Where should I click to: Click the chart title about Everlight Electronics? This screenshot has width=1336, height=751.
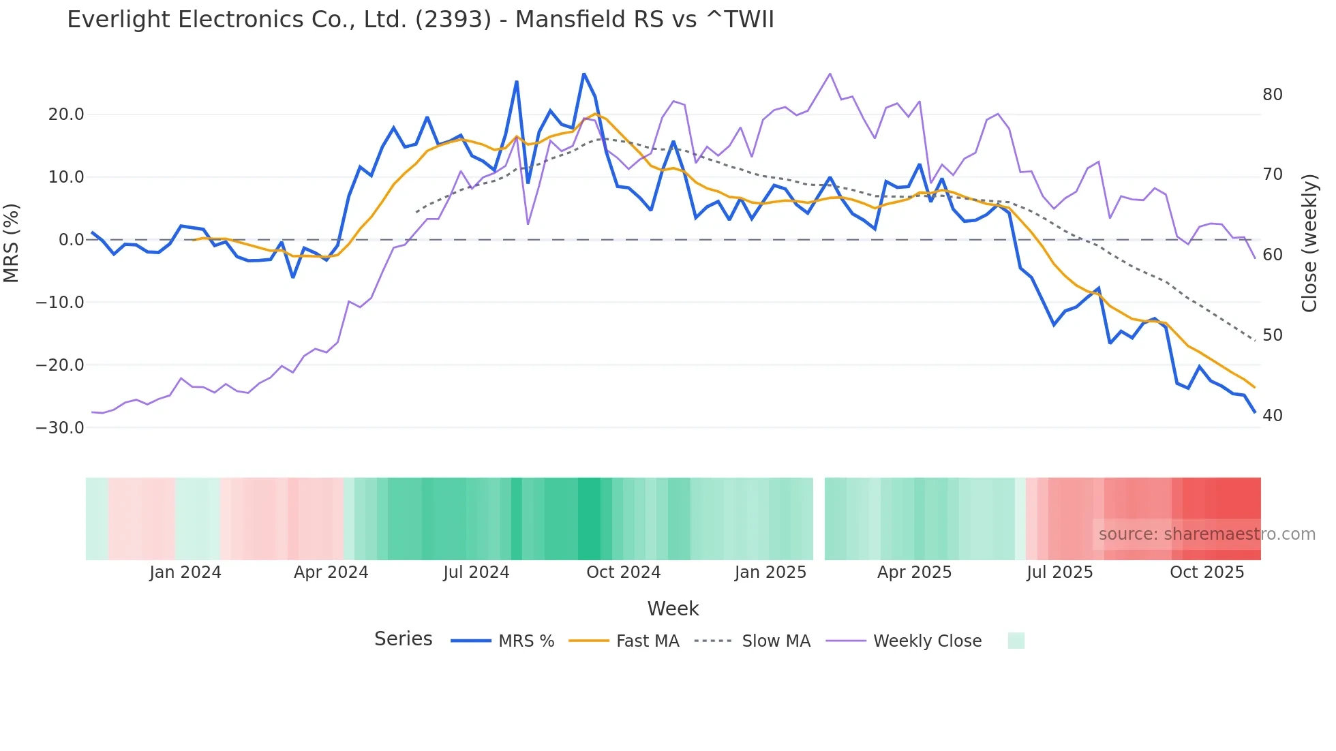pos(421,20)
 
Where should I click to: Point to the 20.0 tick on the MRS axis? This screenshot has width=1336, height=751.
pos(66,114)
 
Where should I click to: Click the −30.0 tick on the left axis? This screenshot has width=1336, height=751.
pos(61,428)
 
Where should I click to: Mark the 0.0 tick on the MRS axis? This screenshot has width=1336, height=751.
pos(71,240)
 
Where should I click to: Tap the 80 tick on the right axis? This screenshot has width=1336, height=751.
pos(1273,95)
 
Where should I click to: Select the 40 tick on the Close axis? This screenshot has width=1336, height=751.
pos(1273,416)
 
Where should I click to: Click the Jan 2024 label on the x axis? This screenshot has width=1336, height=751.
pos(185,572)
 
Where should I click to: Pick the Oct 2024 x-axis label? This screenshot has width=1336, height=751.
pos(623,572)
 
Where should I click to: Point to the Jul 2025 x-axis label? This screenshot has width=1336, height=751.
pos(1059,572)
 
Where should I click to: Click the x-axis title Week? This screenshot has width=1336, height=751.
pos(673,609)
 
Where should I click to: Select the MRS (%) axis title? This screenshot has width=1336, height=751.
pos(12,243)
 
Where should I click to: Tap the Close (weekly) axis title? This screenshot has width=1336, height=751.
pos(1309,243)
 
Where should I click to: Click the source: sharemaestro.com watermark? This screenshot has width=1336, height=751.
pos(1206,534)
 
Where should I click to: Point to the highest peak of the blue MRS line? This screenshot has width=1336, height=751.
pos(583,74)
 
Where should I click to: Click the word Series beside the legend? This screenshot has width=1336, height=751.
pos(403,639)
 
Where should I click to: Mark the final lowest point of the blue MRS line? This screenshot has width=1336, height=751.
pos(1255,412)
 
